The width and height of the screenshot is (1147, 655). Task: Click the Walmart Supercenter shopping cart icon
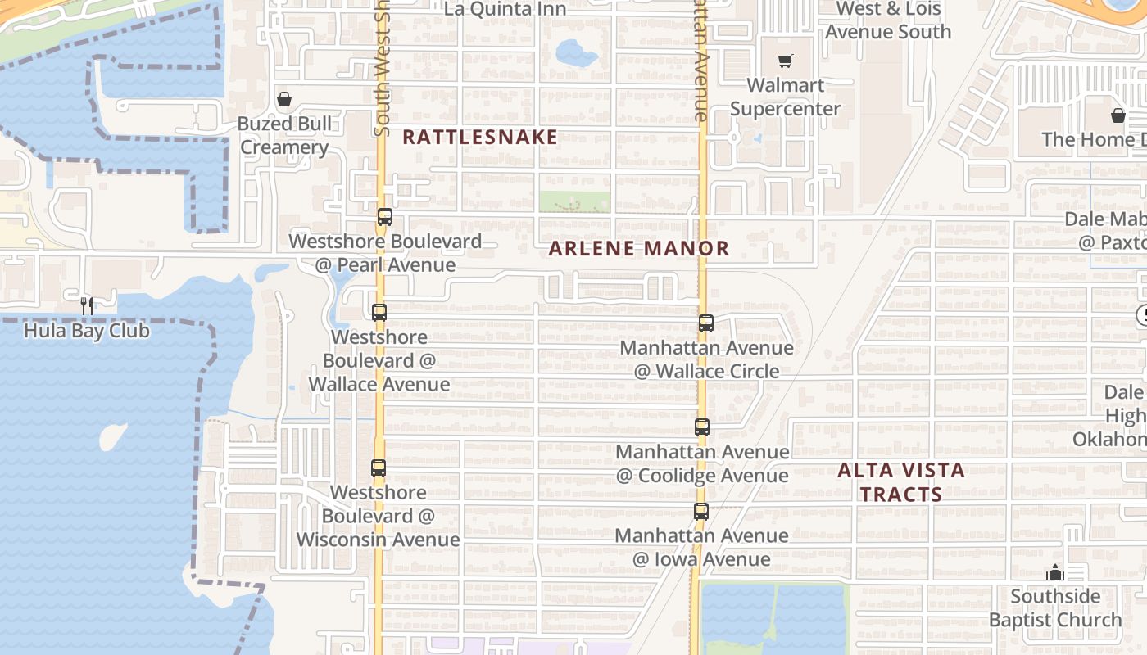click(785, 61)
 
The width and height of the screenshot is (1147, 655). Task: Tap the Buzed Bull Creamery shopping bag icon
click(284, 99)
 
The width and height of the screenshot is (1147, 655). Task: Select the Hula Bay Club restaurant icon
click(87, 306)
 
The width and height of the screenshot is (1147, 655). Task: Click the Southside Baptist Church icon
click(1055, 572)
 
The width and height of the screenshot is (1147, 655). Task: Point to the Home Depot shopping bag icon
click(1118, 115)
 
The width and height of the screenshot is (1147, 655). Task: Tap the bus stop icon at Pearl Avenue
click(385, 217)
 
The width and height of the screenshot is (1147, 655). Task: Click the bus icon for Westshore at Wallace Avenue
click(379, 313)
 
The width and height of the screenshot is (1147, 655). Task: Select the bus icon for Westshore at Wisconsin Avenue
click(379, 468)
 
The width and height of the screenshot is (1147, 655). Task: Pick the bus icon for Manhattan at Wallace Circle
click(706, 323)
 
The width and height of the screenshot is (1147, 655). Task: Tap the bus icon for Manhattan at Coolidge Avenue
click(702, 427)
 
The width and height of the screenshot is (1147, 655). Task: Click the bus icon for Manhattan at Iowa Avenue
click(701, 512)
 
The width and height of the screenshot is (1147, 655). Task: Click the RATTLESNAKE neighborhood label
click(480, 137)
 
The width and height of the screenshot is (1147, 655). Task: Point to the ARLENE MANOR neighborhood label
click(638, 248)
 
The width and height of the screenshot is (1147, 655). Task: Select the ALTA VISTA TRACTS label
click(901, 482)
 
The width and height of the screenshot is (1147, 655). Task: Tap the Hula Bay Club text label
click(87, 331)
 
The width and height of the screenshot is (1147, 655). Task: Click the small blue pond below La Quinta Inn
click(577, 54)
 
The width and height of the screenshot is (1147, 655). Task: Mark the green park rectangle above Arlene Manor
click(574, 202)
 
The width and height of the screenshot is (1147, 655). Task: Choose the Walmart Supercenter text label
click(785, 97)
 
